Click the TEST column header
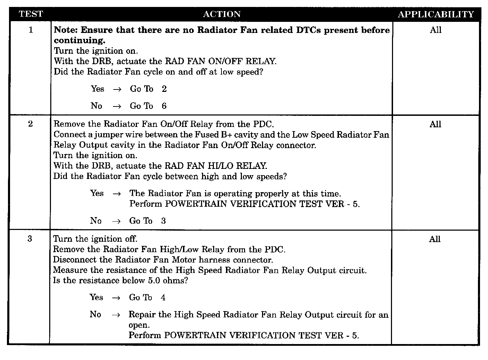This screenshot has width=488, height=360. [x=31, y=14]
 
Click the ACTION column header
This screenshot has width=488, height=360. [x=221, y=14]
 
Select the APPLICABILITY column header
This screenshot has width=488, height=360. [x=436, y=14]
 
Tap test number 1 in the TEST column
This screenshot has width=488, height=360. [x=31, y=30]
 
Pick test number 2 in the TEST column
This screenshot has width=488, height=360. [x=31, y=124]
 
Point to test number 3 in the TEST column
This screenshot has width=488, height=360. [x=30, y=239]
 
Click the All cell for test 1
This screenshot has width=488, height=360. [x=436, y=30]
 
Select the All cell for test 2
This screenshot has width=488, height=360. [x=435, y=124]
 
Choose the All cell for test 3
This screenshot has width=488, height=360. [x=435, y=239]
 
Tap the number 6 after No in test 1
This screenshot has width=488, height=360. [x=164, y=106]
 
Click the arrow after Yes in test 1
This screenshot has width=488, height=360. [x=117, y=89]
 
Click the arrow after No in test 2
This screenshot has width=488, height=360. [x=116, y=221]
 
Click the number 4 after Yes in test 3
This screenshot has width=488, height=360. [x=163, y=298]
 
